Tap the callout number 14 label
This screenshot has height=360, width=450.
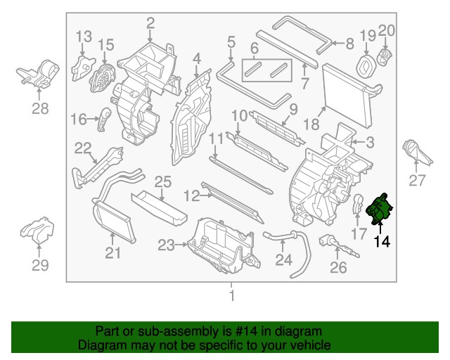click(381, 242)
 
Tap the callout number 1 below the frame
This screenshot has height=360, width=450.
click(231, 296)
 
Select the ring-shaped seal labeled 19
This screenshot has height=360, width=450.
click(366, 65)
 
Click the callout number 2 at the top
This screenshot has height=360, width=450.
click(150, 25)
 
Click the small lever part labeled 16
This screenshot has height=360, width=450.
click(104, 118)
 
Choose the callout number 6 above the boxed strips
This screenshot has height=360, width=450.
click(255, 48)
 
